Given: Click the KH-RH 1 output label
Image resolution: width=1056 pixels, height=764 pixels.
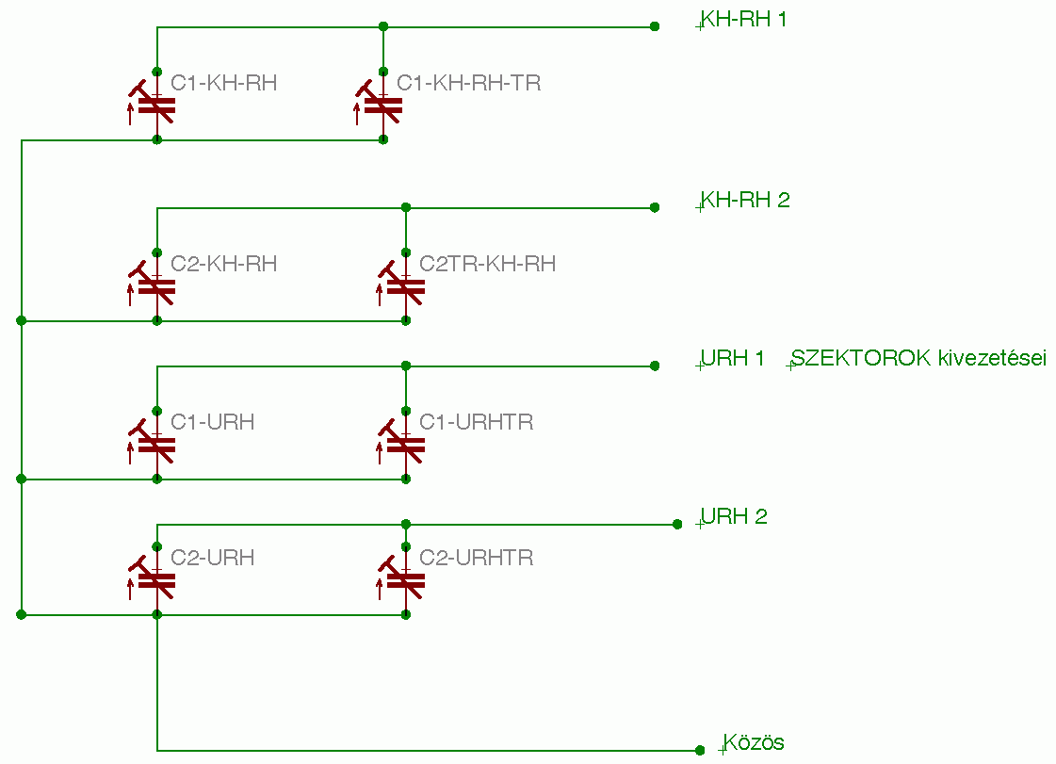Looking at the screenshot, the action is [743, 19].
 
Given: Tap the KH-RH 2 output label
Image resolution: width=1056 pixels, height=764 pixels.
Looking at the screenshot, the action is [745, 200].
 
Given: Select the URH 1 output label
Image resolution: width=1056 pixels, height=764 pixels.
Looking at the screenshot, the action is [733, 358].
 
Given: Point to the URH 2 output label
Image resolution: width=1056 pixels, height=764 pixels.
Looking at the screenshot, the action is [734, 516].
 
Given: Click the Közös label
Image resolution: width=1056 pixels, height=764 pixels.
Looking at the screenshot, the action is [754, 742].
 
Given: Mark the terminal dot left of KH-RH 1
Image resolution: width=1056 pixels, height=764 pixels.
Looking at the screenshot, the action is [655, 26].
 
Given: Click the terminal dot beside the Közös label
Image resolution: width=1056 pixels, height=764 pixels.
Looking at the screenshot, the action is [700, 750].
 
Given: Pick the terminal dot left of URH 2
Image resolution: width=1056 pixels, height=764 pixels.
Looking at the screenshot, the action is [677, 524].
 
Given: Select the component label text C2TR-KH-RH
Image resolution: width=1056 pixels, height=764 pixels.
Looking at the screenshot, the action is [488, 264].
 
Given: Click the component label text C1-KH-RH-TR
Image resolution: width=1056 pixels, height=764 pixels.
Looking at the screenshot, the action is [469, 83].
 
